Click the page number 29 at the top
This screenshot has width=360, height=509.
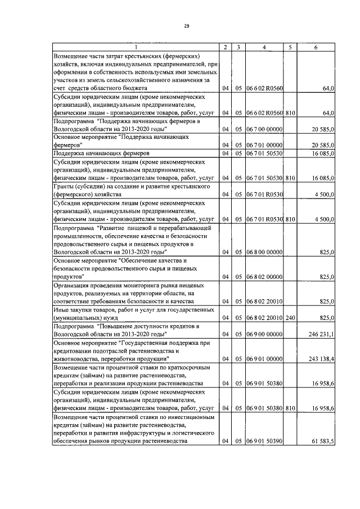pyautogui.click(x=186, y=26)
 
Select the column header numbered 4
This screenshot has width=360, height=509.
pyautogui.click(x=264, y=47)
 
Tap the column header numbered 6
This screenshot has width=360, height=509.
pyautogui.click(x=316, y=47)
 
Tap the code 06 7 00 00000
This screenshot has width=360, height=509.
pyautogui.click(x=264, y=129)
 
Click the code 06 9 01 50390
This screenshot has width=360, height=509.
pyautogui.click(x=264, y=440)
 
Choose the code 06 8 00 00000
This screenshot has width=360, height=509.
pyautogui.click(x=264, y=253)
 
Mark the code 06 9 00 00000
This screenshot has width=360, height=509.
pyautogui.click(x=264, y=334)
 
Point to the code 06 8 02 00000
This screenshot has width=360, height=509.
pyautogui.click(x=264, y=277)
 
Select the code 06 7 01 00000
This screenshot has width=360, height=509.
pyautogui.click(x=264, y=145)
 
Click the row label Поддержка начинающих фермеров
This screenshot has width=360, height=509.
pyautogui.click(x=101, y=154)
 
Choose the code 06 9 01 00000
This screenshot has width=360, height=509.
pyautogui.click(x=264, y=358)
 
